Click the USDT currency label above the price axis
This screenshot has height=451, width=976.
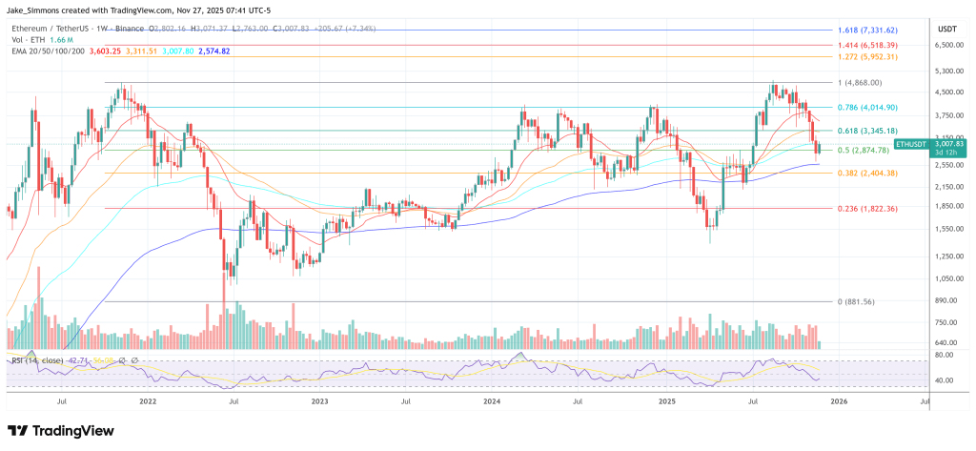948,29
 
